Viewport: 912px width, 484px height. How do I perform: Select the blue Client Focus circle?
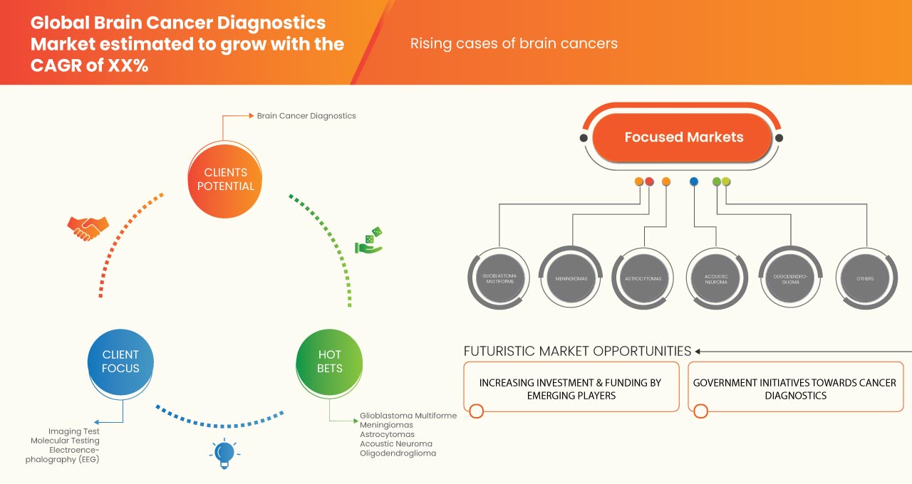coord(120,361)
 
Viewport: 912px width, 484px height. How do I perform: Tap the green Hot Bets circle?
coord(329,361)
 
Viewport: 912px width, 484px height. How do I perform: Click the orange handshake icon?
coord(88,227)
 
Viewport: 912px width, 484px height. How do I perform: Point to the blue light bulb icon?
coord(224,452)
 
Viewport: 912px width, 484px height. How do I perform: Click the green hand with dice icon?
coord(369,241)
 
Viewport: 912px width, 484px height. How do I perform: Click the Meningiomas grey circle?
coord(572,278)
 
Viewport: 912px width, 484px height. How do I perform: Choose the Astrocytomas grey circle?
coord(644,278)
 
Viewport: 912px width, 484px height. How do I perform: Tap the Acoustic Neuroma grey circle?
coord(716,278)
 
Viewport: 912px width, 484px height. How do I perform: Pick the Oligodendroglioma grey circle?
coord(789,278)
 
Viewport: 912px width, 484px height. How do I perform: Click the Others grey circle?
coord(866,278)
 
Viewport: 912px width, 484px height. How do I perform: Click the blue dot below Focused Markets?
coord(694,181)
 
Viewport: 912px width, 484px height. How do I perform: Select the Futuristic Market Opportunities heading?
coord(577,351)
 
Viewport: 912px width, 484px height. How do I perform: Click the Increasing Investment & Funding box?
coord(571,388)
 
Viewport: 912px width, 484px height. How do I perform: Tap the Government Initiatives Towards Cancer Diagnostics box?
coord(794,388)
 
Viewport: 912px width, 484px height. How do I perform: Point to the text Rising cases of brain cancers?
coord(514,43)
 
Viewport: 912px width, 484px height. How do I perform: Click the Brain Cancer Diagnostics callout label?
coord(306,115)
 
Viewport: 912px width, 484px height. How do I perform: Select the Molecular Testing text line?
coord(64,441)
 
